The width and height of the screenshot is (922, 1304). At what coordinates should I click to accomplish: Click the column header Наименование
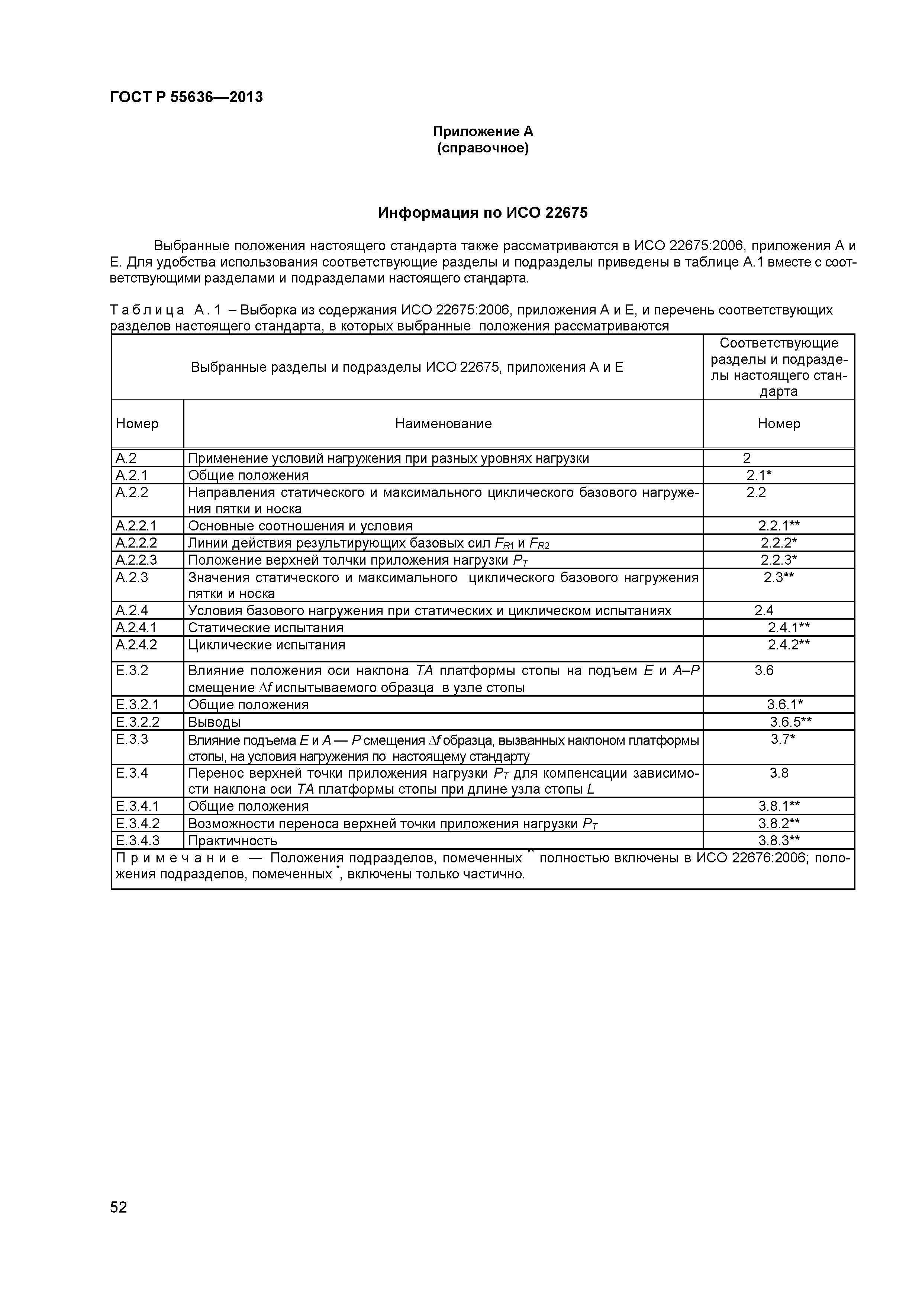tap(443, 424)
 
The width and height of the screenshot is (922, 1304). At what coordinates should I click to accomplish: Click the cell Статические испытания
tap(265, 627)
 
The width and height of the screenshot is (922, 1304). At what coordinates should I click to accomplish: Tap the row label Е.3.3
tap(132, 739)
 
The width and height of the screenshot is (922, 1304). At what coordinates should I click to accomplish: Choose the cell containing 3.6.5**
tap(790, 722)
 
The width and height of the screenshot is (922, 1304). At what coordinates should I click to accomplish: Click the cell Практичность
tap(232, 840)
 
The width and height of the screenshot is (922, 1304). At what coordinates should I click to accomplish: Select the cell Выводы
tap(214, 722)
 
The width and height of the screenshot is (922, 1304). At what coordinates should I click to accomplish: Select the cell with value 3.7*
tap(782, 739)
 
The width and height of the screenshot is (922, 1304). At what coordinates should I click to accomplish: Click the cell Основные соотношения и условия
tap(300, 526)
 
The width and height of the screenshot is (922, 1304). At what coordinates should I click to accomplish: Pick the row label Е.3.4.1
tap(137, 807)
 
